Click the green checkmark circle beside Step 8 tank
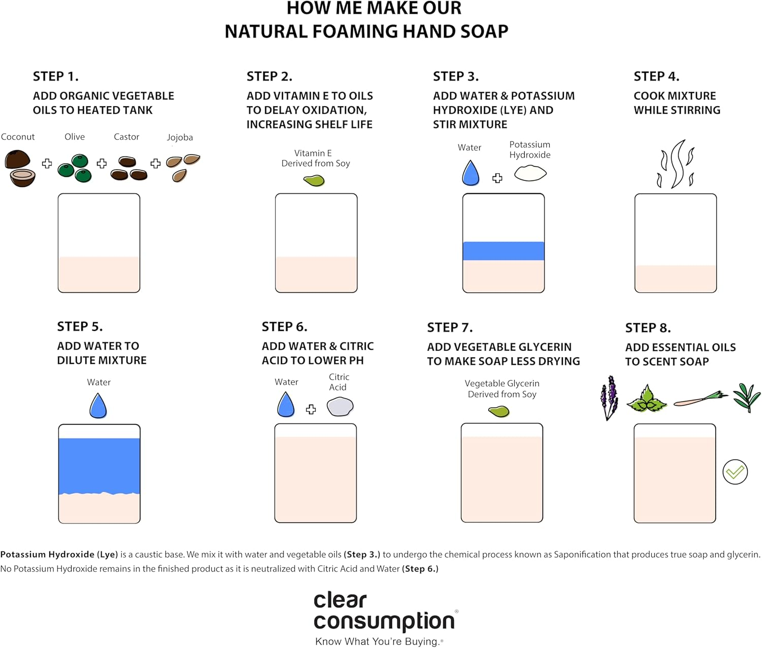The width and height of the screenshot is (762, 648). coord(735,472)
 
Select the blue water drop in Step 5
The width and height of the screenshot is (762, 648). coord(98,406)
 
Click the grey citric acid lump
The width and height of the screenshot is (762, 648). coord(340,407)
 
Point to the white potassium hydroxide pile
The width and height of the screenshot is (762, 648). coord(530,173)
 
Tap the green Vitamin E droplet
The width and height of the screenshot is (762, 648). coord(314,180)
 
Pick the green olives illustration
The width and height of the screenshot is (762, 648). coord(75,169)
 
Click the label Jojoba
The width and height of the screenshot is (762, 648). coord(180,137)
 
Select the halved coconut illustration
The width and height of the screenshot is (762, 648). coord(20,168)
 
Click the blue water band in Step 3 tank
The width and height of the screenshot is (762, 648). coord(503,251)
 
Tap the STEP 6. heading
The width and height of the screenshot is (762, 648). coord(284,327)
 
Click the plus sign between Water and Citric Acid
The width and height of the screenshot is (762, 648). coord(311,410)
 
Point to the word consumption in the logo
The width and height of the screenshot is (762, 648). coord(384,621)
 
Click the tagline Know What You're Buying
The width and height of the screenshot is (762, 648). coord(378,641)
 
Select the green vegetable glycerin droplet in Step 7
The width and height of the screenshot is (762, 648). coord(499,411)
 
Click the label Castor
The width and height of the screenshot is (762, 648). coord(126,137)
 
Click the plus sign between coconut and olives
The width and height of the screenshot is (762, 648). coord(47,163)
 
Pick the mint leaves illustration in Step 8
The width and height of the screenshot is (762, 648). coord(647,398)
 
